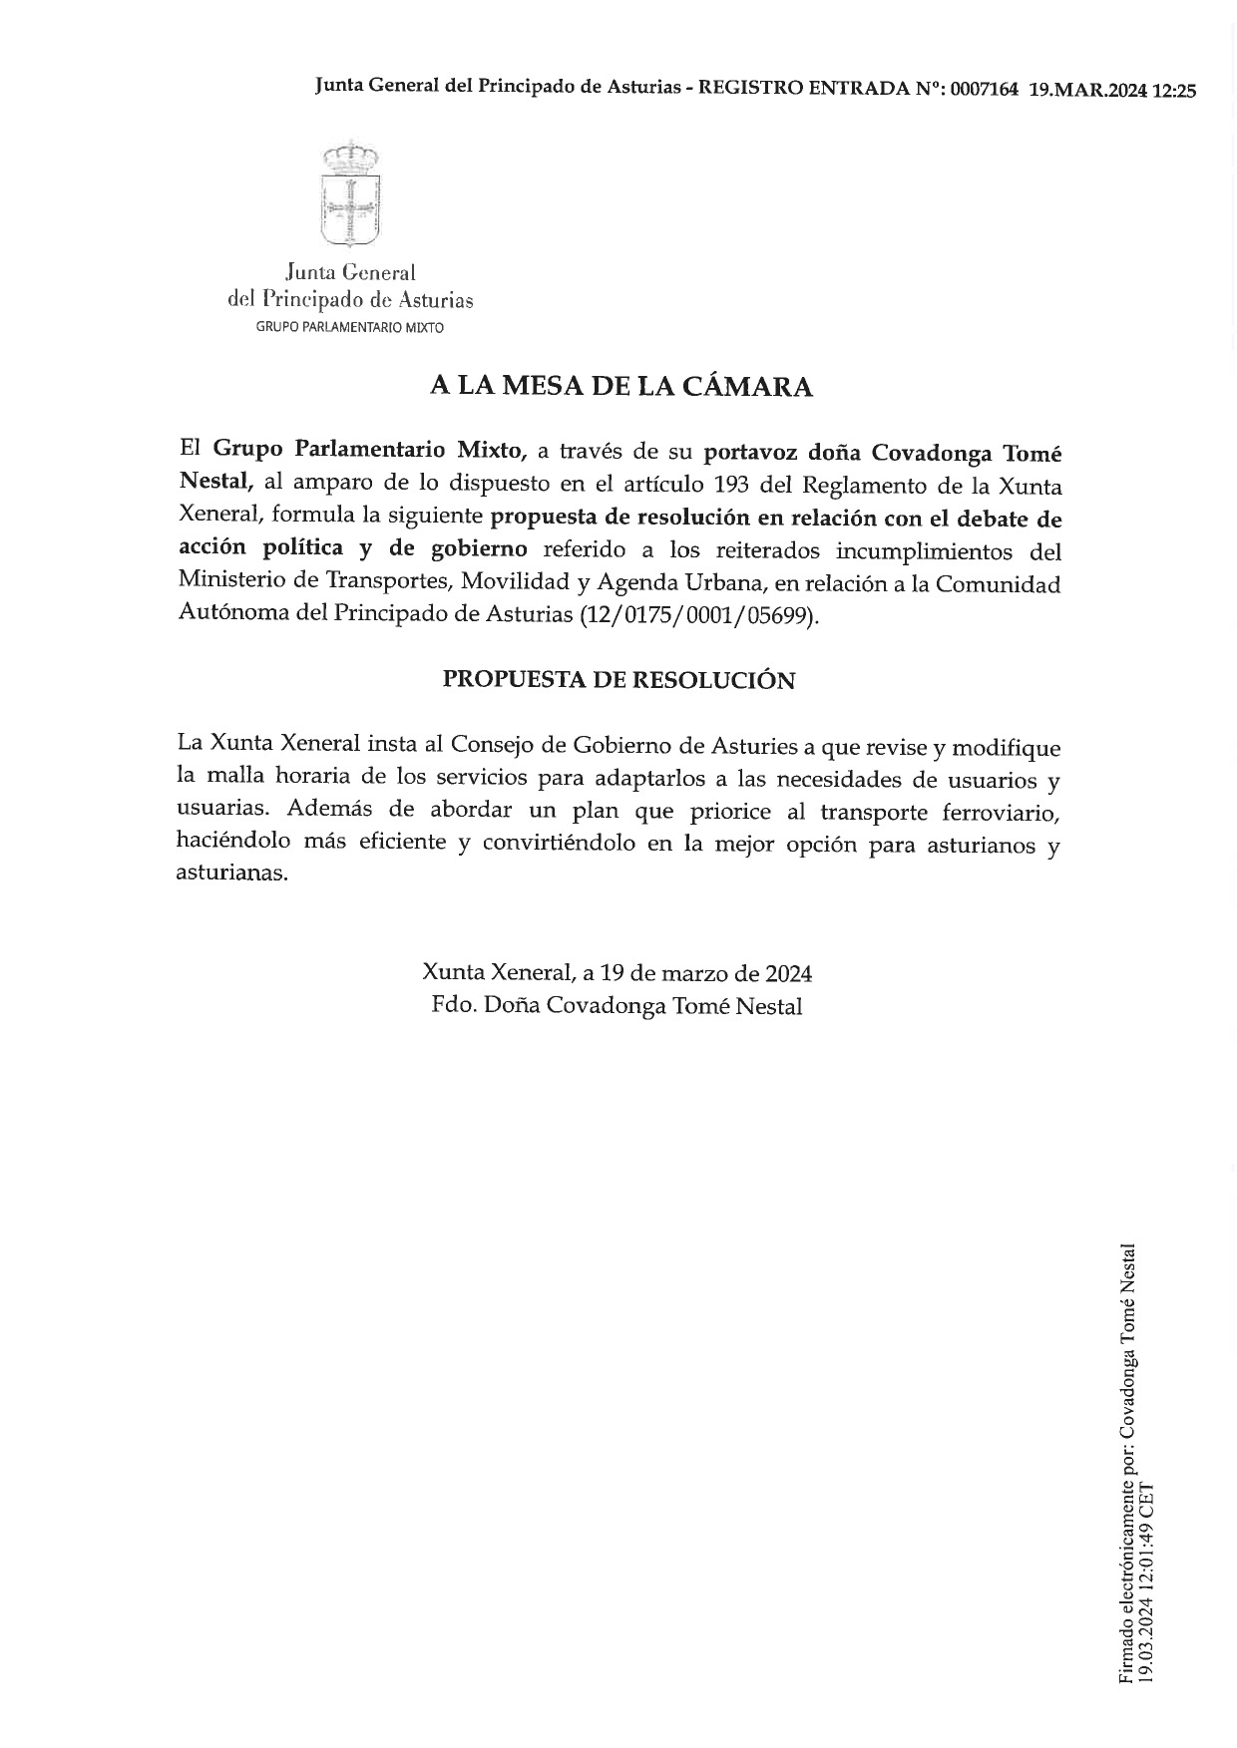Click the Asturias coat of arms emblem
pyautogui.click(x=350, y=194)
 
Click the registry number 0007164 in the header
pyautogui.click(x=985, y=89)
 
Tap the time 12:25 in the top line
pyautogui.click(x=1174, y=89)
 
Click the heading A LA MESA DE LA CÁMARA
pyautogui.click(x=620, y=387)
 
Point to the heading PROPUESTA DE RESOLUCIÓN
pyautogui.click(x=618, y=680)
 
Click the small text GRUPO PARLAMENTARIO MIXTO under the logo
pyautogui.click(x=349, y=327)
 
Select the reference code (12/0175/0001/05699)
pyautogui.click(x=699, y=615)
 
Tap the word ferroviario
pyautogui.click(x=1001, y=813)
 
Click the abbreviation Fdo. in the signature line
pyautogui.click(x=452, y=1006)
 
